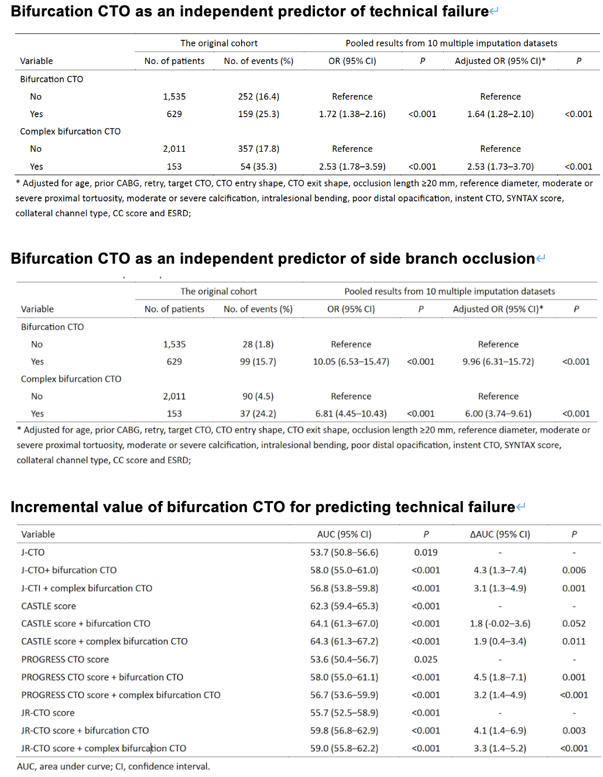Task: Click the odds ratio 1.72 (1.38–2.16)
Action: coord(352,114)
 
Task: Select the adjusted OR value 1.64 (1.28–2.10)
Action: coord(500,114)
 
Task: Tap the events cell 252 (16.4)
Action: coord(258,97)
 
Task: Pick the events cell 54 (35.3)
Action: coord(258,166)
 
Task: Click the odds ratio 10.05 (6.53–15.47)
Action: coord(351,362)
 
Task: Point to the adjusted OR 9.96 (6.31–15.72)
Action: coord(498,362)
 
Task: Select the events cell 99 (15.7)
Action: coord(258,362)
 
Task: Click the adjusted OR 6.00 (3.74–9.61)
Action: coord(498,414)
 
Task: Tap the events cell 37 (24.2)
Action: coord(258,414)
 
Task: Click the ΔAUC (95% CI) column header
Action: coord(499,534)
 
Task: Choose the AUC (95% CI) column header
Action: coord(344,534)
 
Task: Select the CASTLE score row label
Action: coord(49,606)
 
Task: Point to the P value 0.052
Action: coord(573,623)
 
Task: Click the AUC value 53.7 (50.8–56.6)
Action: coord(344,553)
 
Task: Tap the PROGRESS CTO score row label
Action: coord(65,659)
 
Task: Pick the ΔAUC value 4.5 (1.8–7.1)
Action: coord(499,677)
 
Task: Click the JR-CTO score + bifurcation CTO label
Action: coord(85,731)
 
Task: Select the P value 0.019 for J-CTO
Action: coord(426,553)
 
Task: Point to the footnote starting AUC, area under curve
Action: coord(113,766)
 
